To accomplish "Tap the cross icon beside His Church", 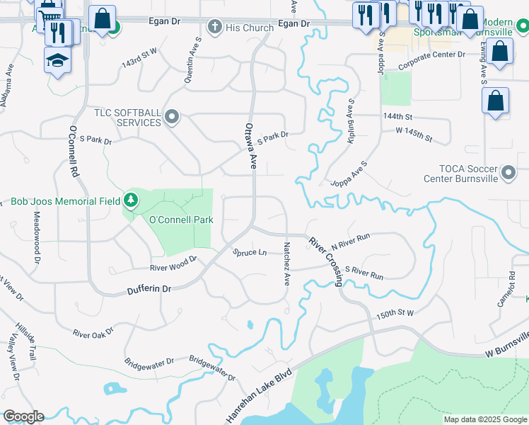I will tap(215, 28).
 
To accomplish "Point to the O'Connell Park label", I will tap(181, 220).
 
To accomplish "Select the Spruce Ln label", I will tap(250, 252).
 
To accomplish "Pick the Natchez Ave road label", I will tap(287, 263).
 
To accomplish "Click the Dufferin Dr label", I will tap(149, 289).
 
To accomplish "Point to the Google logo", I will tap(23, 416).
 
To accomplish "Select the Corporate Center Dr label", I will tap(431, 55).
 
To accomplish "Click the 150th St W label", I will tap(395, 313).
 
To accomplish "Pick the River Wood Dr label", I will tap(173, 268).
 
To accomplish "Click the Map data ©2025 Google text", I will tap(485, 419).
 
